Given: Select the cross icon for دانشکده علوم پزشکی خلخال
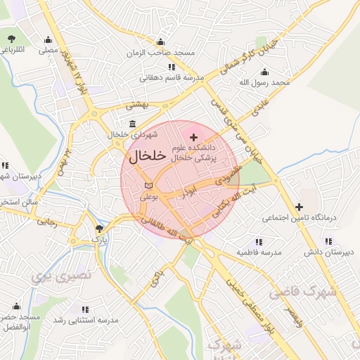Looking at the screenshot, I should pos(194,134).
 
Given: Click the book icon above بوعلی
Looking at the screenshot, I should pos(147,185).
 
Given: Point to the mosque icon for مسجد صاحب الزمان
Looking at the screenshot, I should pos(160,41).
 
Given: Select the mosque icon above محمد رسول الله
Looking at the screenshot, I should pos(264,72).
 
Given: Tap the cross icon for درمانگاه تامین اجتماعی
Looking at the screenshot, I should pos(300,207).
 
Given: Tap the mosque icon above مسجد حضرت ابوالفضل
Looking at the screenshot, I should pos(16,307).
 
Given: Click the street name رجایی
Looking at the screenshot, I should pos(46,221).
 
